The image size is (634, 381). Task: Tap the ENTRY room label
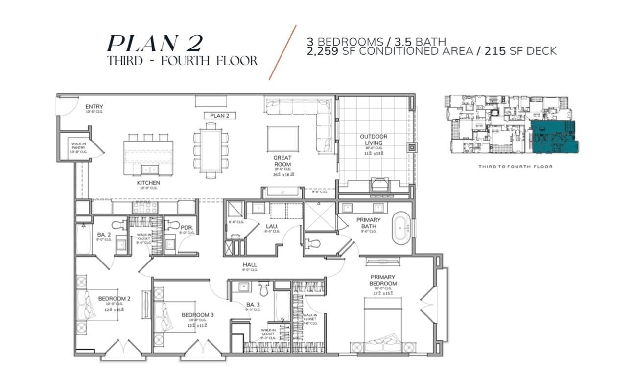click(94, 106)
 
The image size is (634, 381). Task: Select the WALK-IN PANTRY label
click(79, 147)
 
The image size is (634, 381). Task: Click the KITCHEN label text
click(148, 183)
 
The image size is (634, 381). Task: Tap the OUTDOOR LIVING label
click(374, 140)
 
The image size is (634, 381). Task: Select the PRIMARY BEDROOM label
click(383, 280)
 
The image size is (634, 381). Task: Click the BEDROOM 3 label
click(197, 315)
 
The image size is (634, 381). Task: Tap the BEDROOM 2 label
click(114, 298)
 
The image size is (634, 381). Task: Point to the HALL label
click(250, 265)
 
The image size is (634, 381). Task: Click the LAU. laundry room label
click(272, 226)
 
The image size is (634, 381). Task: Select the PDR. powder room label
click(186, 228)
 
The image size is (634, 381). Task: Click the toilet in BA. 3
click(264, 288)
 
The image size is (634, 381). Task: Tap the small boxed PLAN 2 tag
click(220, 116)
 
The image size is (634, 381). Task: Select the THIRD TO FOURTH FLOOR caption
click(515, 167)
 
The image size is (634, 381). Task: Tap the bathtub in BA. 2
click(84, 239)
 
